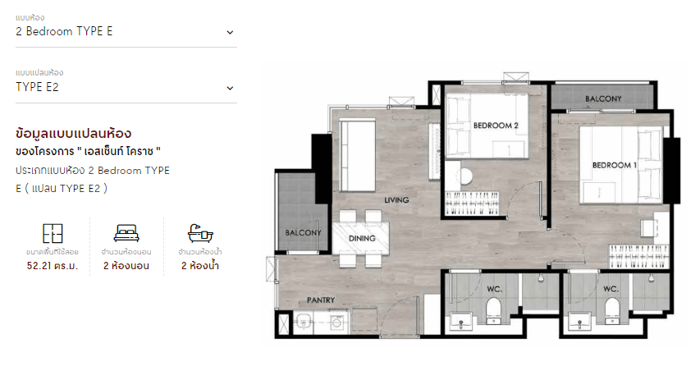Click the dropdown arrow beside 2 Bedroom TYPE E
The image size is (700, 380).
pyautogui.click(x=230, y=32)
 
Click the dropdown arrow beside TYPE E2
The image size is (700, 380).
pyautogui.click(x=230, y=88)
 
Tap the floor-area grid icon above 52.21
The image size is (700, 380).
pyautogui.click(x=53, y=233)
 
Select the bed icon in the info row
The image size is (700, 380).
pyautogui.click(x=126, y=233)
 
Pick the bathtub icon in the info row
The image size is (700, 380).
pyautogui.click(x=200, y=233)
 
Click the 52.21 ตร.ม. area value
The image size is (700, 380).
pyautogui.click(x=53, y=266)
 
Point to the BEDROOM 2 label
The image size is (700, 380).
pyautogui.click(x=496, y=126)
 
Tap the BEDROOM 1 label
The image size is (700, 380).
pyautogui.click(x=615, y=165)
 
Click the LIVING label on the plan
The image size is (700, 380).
pyautogui.click(x=396, y=200)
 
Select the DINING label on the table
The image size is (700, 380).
pyautogui.click(x=362, y=239)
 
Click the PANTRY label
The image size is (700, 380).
pyautogui.click(x=321, y=300)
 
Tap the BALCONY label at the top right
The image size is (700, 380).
pyautogui.click(x=603, y=98)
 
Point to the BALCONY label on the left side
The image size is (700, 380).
pyautogui.click(x=303, y=232)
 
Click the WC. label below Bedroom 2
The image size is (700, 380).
pyautogui.click(x=494, y=290)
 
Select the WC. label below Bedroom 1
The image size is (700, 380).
pyautogui.click(x=611, y=290)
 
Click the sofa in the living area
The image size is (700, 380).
pyautogui.click(x=357, y=155)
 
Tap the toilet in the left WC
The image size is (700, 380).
pyautogui.click(x=493, y=310)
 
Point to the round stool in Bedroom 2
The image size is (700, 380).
pyautogui.click(x=465, y=176)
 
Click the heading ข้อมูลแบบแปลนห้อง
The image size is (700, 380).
pyautogui.click(x=73, y=133)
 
